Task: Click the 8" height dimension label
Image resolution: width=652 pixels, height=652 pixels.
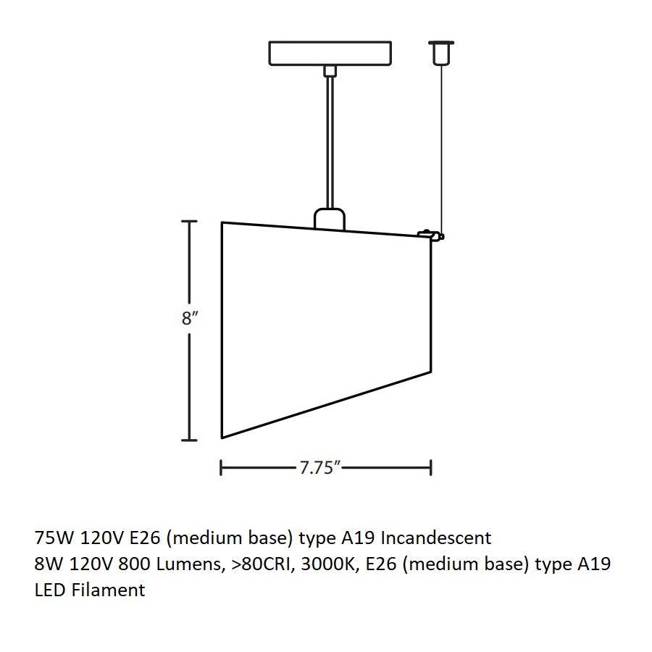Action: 190,319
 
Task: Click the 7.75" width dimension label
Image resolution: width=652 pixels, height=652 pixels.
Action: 319,468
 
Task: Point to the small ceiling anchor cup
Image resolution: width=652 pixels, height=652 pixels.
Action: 440,52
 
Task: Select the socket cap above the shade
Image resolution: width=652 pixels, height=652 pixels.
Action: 330,218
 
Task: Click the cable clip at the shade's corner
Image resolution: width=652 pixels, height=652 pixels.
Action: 430,235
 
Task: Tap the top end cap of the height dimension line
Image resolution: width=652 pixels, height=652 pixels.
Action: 190,222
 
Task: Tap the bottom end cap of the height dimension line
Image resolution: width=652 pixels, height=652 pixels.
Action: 190,439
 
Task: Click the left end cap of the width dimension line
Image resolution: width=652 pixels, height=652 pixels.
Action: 221,468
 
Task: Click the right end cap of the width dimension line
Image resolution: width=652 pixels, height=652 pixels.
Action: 431,468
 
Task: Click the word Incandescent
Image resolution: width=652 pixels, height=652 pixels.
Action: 436,538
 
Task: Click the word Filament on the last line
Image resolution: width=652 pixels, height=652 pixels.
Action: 109,590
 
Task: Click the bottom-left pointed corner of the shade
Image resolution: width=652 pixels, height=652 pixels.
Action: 222,437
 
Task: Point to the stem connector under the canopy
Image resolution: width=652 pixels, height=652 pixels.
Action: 330,71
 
